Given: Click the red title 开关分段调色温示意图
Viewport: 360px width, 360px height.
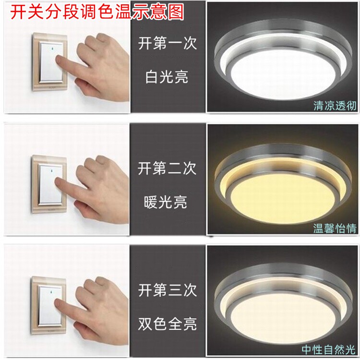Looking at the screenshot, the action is (97, 12).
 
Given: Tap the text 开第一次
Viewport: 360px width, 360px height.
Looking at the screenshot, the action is (168, 43).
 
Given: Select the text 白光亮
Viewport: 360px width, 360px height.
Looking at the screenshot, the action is (167, 77).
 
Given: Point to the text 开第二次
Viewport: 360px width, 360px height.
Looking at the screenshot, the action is (167, 168).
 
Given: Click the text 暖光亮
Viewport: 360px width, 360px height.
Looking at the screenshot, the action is (166, 203).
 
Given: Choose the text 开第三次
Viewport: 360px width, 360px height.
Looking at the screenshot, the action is (168, 290).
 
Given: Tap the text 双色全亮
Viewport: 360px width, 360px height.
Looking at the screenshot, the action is (168, 324).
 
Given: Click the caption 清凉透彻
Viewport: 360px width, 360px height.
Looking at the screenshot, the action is (335, 106).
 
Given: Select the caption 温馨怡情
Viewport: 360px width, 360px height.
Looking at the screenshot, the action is (335, 228).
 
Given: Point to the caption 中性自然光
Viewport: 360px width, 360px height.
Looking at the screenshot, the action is (329, 349).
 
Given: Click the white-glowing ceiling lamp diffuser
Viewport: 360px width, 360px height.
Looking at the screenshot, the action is (284, 74).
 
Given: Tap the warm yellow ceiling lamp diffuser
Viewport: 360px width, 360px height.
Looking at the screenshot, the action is (283, 200).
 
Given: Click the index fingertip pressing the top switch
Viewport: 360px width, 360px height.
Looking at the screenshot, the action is (58, 60).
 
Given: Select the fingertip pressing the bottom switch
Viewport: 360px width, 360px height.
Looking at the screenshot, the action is (57, 303).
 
